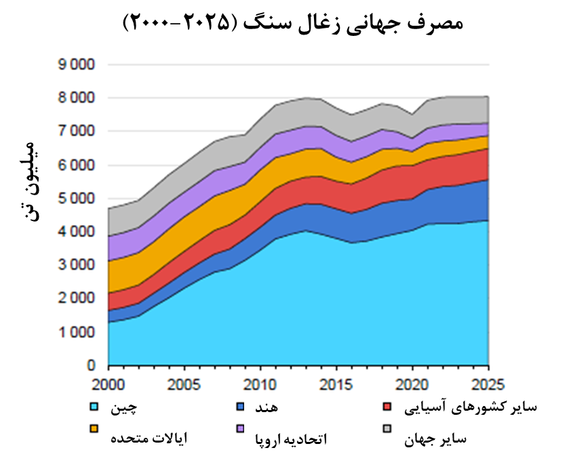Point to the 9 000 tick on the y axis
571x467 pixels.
75,65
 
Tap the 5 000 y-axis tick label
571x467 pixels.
75,199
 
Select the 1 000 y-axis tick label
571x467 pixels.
75,332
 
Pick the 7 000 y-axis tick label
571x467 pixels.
75,131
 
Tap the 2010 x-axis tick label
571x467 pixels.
260,382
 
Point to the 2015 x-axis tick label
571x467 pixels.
336,382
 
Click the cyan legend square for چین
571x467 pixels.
96,407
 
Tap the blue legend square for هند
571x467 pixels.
240,407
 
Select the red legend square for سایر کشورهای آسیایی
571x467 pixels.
387,407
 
